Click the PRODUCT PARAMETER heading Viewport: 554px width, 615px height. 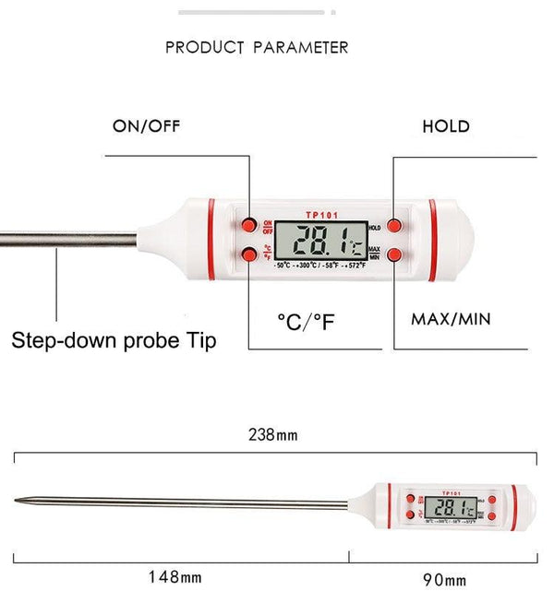(x=257, y=47)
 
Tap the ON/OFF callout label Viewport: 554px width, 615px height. (x=149, y=126)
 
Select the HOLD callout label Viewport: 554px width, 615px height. (x=446, y=126)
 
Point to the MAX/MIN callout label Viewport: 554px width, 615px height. (x=451, y=320)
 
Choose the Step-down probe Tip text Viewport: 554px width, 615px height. (x=114, y=341)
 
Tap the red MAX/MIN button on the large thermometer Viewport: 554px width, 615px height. (x=395, y=254)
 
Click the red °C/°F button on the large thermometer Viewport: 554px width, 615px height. (x=250, y=254)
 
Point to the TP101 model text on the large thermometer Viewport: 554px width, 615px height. (x=322, y=215)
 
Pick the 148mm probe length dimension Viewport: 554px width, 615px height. (x=175, y=578)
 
